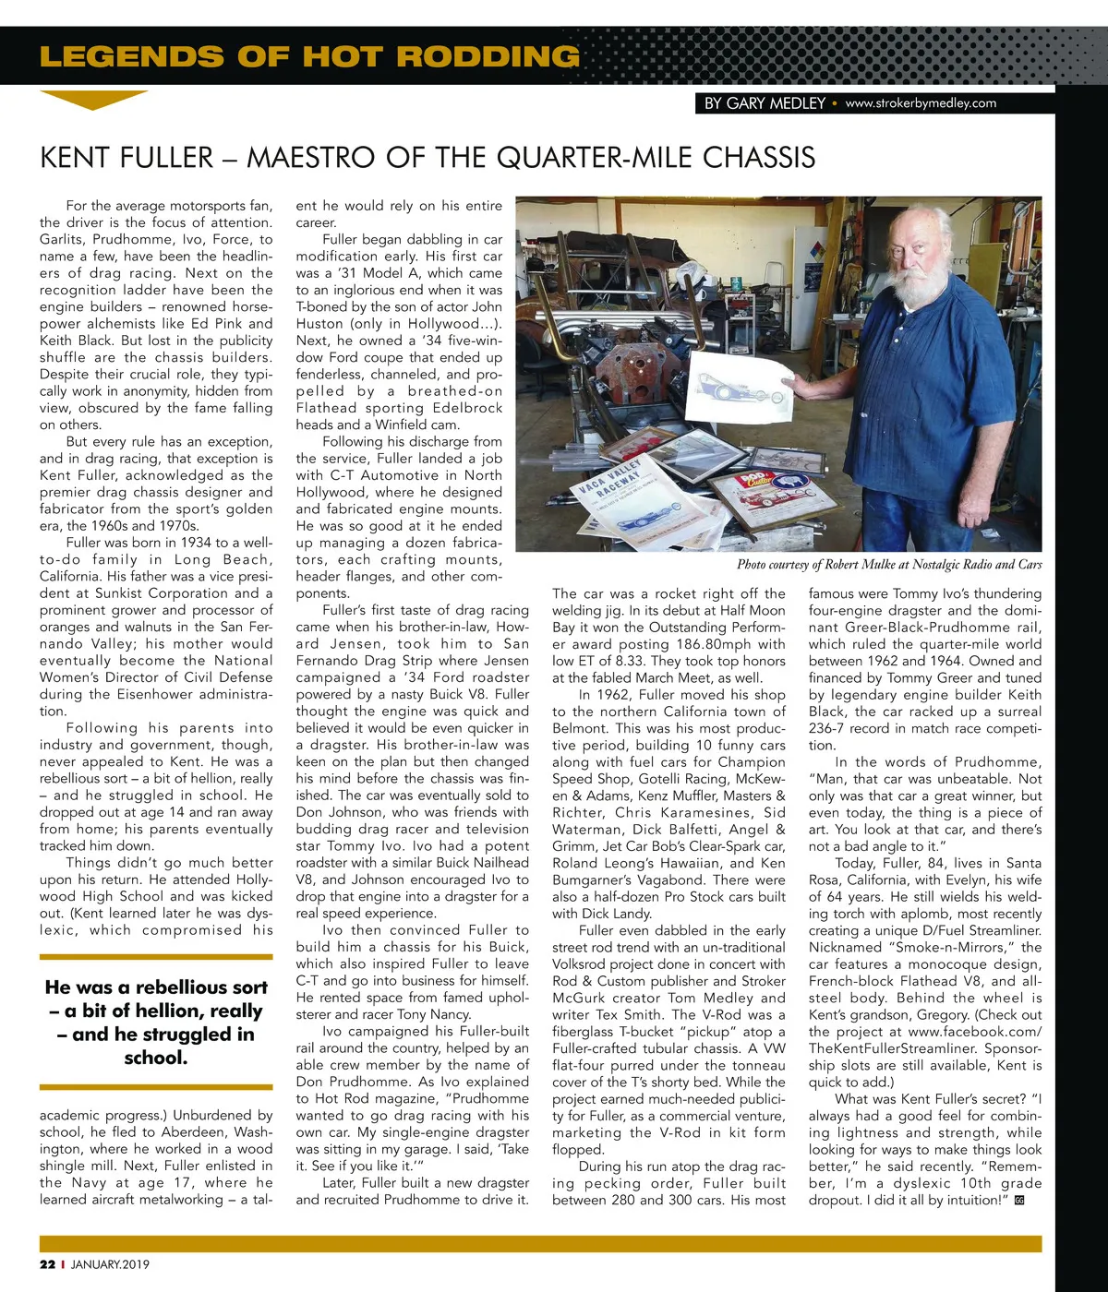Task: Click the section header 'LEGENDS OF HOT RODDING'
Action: [x=309, y=56]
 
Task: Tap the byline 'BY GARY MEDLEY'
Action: [x=764, y=103]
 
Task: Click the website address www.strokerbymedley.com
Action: [x=921, y=103]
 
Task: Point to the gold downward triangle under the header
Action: [x=93, y=100]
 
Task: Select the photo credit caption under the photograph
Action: [x=888, y=564]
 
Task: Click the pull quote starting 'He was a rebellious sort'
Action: [x=156, y=1022]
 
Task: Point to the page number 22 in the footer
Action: [x=47, y=1264]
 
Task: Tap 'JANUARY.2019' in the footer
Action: [x=110, y=1264]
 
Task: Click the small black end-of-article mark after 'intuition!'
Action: [x=1018, y=1201]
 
